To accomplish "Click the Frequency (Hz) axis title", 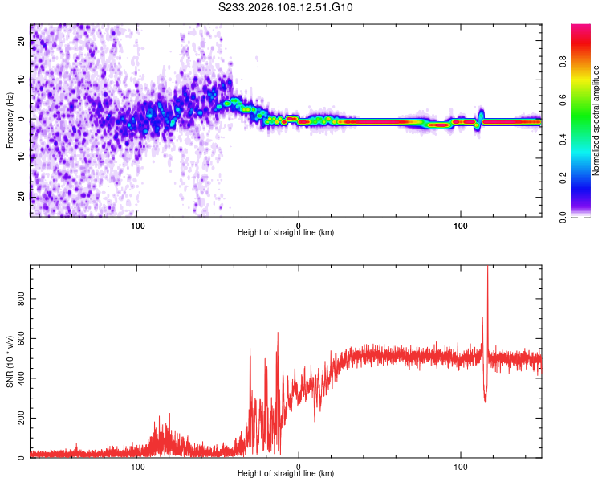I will point(10,120).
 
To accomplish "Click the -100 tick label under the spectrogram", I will point(136,224).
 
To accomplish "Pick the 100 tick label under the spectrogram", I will point(461,224).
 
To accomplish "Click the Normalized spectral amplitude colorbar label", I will point(596,120).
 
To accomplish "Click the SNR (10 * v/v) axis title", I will point(10,361).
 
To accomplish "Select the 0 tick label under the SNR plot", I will point(299,466).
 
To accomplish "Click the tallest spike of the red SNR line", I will point(487,270).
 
